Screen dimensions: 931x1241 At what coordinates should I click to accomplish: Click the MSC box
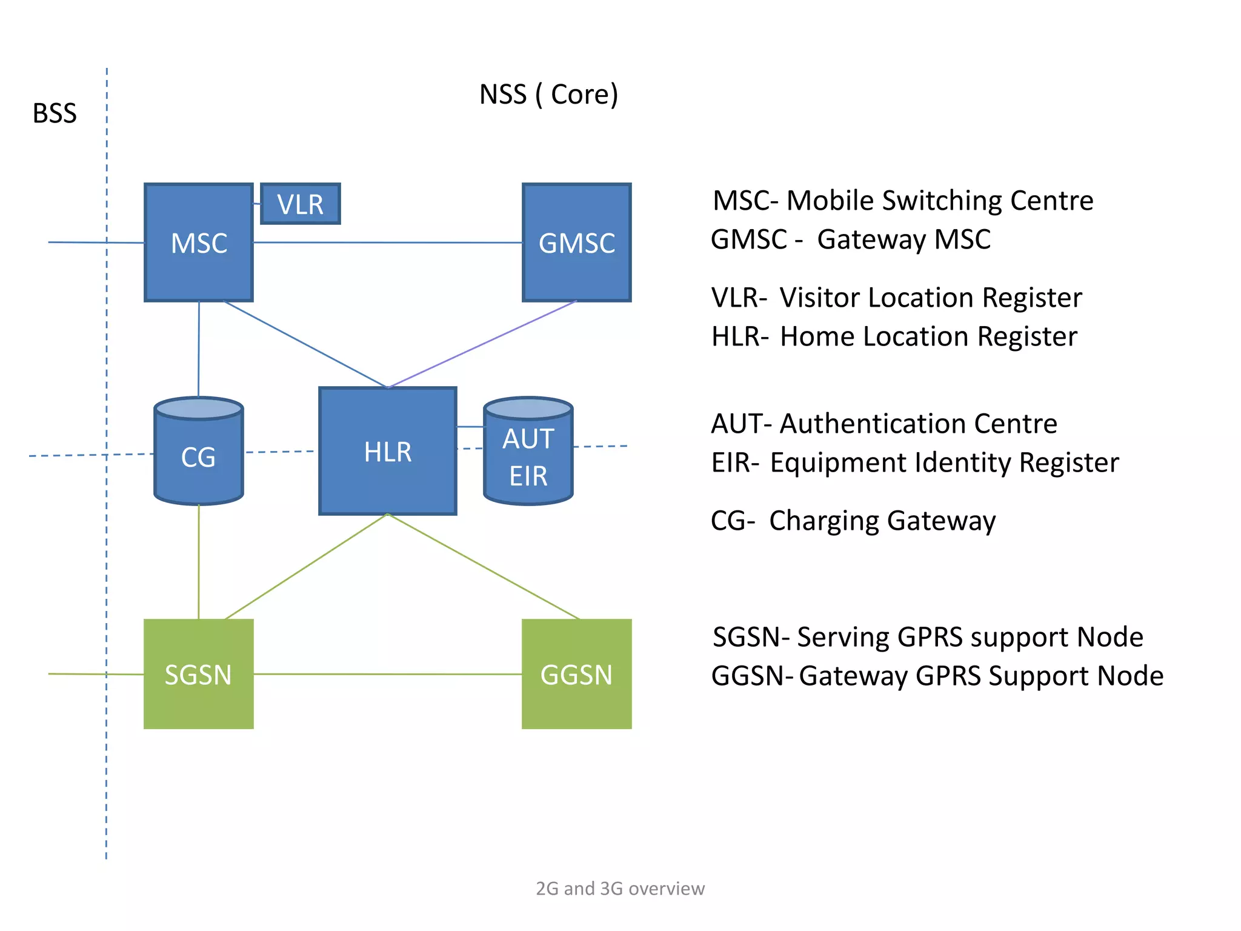[199, 242]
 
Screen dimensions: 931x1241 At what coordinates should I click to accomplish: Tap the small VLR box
[301, 204]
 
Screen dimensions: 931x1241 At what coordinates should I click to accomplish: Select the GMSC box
[576, 242]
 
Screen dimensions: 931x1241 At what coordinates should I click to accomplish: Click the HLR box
[388, 452]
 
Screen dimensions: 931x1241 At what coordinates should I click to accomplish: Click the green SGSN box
[199, 674]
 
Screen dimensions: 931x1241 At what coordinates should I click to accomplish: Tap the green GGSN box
[576, 674]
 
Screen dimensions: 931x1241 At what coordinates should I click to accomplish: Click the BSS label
[55, 113]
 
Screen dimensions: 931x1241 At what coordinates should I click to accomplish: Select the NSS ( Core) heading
[548, 95]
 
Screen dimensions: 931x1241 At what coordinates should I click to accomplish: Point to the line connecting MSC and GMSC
[388, 242]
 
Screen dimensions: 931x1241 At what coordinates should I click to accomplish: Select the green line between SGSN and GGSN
[388, 674]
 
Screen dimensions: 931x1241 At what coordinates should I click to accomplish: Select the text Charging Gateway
[882, 521]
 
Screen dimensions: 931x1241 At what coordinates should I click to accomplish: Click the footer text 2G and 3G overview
[620, 889]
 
